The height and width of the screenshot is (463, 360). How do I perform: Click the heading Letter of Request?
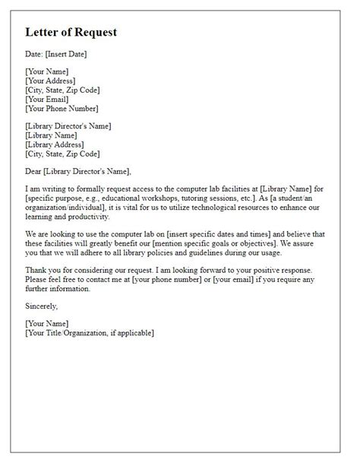pyautogui.click(x=71, y=33)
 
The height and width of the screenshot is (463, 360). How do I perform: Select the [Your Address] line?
pyautogui.click(x=51, y=81)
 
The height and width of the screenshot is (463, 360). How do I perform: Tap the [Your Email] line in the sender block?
pyautogui.click(x=46, y=99)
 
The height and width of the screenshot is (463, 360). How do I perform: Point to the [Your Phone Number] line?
pyautogui.click(x=62, y=108)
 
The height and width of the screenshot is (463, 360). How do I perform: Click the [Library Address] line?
pyautogui.click(x=55, y=144)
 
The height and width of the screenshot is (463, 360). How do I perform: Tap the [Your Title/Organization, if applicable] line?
pyautogui.click(x=90, y=332)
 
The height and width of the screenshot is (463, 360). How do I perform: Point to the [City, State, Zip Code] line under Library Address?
pyautogui.click(x=62, y=153)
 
